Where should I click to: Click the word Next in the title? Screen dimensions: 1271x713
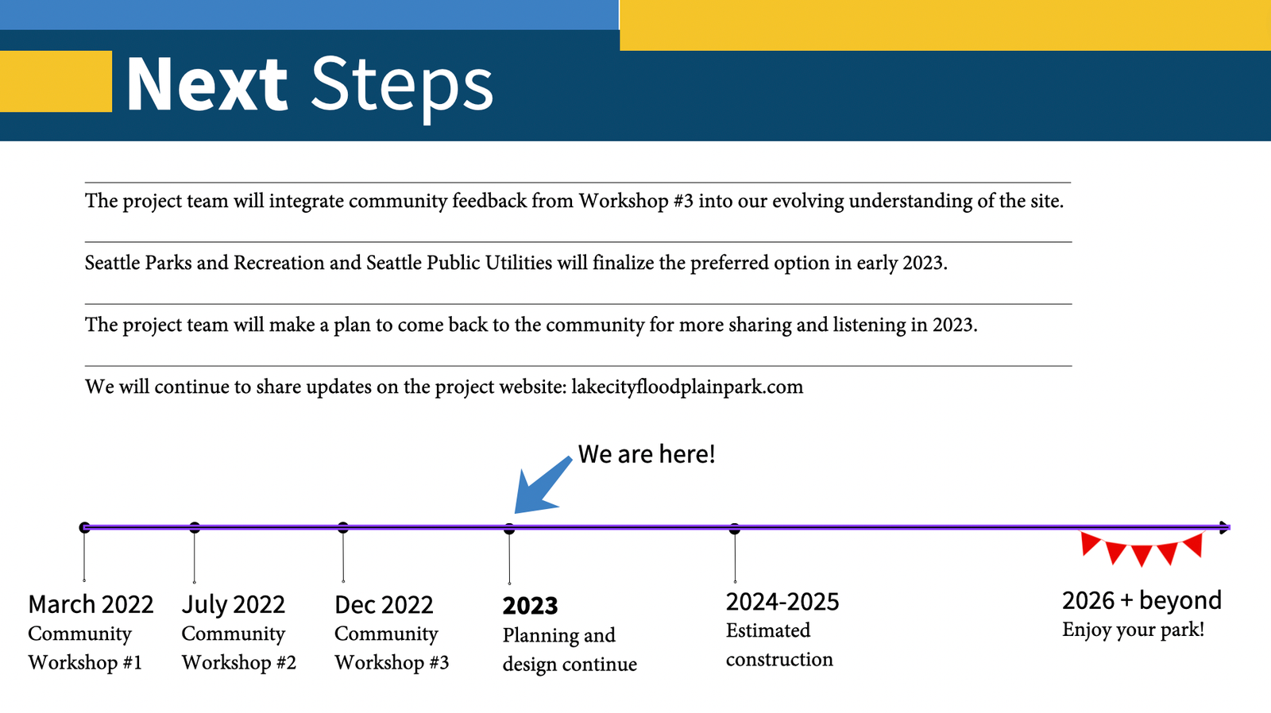pos(207,84)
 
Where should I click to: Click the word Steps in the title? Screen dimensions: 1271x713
pos(402,88)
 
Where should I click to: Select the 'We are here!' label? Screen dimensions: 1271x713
pos(647,454)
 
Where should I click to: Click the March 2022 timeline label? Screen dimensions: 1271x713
pos(91,605)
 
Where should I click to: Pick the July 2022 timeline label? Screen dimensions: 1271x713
pos(234,605)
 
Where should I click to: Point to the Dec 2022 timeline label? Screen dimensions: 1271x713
pos(384,605)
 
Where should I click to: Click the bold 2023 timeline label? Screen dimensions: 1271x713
pos(530,606)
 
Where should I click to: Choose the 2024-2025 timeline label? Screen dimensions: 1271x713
pos(782,602)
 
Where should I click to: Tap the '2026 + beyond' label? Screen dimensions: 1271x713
pos(1142,601)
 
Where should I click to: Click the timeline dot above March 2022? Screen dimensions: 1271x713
pos(84,527)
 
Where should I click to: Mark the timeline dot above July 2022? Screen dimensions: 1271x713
pos(195,527)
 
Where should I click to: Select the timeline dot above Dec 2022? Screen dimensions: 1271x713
pos(342,527)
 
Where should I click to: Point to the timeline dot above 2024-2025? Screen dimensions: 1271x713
pos(735,529)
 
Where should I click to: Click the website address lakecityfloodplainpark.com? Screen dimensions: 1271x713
pos(687,387)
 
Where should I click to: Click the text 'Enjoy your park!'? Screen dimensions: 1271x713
pos(1133,630)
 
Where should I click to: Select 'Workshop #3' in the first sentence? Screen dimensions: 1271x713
pos(636,201)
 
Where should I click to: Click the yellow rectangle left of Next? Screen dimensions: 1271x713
pos(56,81)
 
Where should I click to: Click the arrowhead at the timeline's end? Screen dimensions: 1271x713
pos(1224,527)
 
